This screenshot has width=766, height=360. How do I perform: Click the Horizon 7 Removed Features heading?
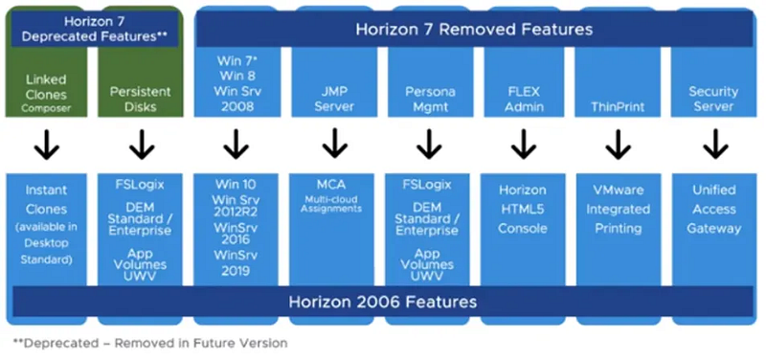474,30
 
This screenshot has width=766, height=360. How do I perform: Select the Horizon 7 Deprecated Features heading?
95,29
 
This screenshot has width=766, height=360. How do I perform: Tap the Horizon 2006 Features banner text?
382,302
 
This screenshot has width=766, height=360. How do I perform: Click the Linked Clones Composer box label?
46,94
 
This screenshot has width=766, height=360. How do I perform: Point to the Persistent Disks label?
140,99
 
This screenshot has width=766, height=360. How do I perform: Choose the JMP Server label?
334,99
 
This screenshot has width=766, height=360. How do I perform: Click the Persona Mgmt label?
430,99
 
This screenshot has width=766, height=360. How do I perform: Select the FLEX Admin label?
523,99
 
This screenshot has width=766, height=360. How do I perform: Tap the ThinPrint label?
618,105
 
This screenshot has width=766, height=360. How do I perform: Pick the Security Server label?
713,99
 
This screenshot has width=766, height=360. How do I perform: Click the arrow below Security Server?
715,144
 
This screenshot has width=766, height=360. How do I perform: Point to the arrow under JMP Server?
334,143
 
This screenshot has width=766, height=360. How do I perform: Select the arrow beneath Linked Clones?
47,144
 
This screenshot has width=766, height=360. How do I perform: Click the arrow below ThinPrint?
618,144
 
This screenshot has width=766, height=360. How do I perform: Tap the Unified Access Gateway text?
713,209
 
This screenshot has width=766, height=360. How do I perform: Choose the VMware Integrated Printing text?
618,209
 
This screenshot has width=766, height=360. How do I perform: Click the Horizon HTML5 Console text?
523,209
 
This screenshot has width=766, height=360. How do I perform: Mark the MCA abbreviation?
331,185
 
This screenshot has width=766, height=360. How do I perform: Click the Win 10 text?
235,185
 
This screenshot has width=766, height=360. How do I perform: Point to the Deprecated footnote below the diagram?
150,344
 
